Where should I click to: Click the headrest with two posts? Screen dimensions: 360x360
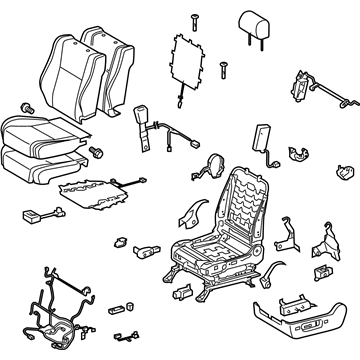coord(262,28)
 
